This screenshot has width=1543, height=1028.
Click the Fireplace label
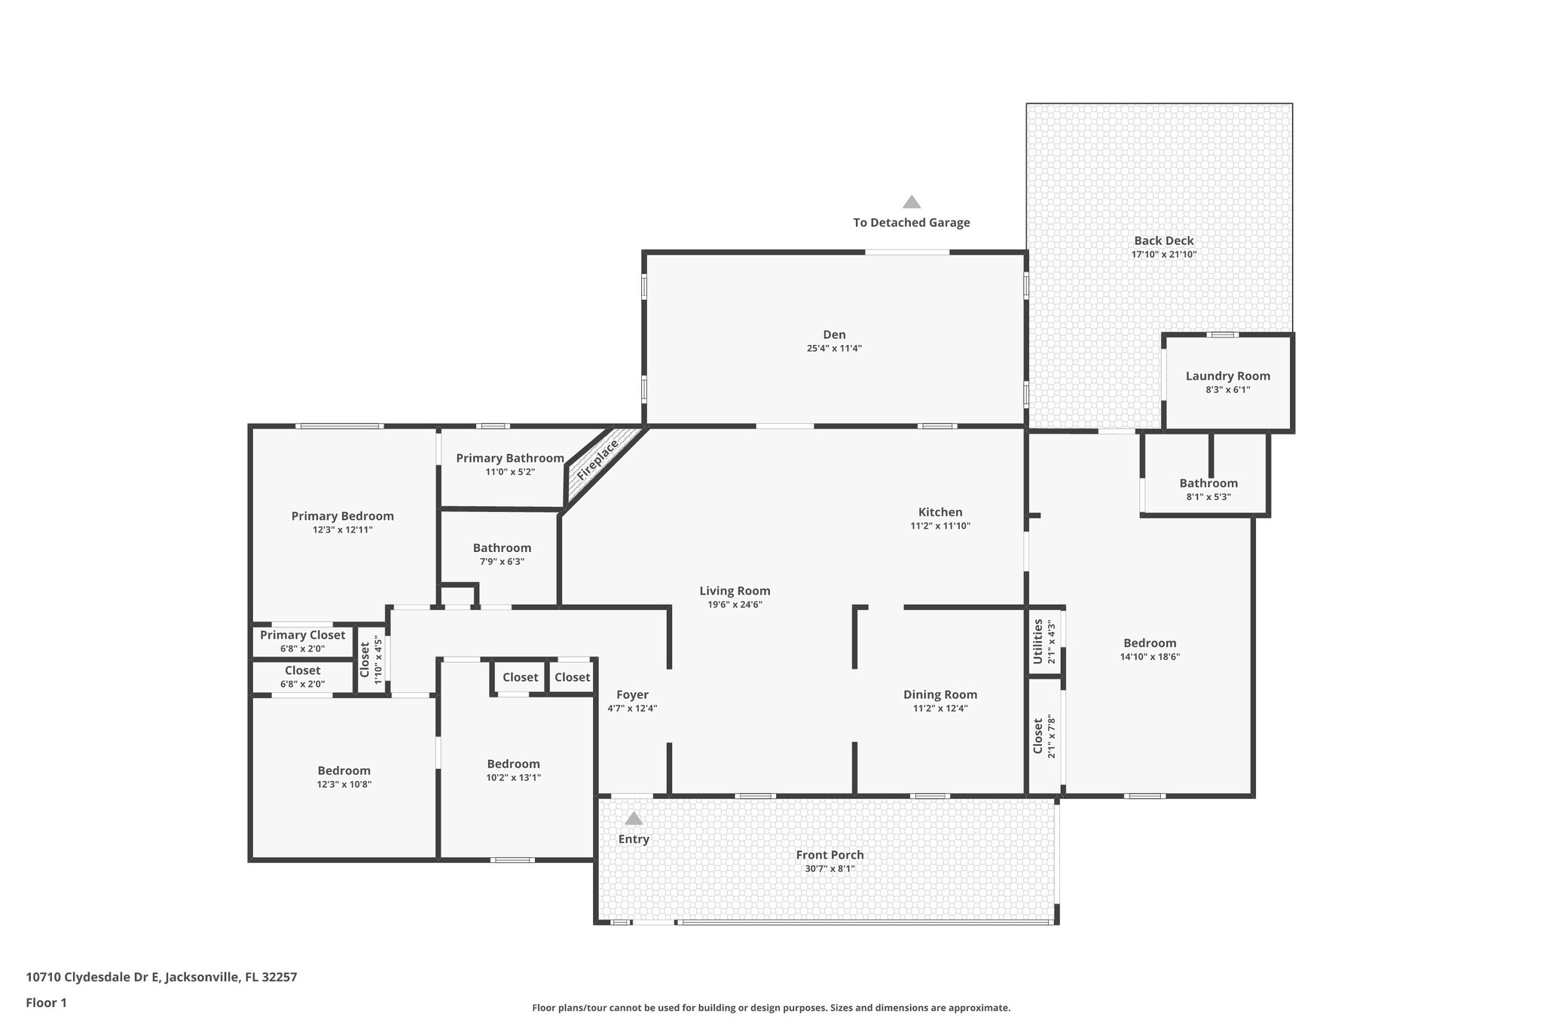[597, 459]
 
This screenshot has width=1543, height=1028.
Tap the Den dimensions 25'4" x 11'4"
[834, 349]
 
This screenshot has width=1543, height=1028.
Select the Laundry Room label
[1228, 376]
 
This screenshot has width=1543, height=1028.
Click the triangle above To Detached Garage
[912, 202]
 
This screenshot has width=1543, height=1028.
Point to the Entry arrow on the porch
[634, 819]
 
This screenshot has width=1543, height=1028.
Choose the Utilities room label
[1037, 642]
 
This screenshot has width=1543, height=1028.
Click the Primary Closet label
[303, 635]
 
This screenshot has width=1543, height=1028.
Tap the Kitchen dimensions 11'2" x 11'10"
[940, 526]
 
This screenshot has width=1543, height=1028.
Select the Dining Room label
[940, 694]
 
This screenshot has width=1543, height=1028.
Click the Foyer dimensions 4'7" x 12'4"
[632, 709]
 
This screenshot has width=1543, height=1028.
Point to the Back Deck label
[1164, 241]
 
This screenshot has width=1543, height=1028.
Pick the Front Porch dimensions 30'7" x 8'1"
[830, 869]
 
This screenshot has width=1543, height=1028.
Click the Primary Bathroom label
[510, 458]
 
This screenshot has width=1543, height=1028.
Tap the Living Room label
[735, 590]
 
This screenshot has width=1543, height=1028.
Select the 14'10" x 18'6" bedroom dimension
[1150, 657]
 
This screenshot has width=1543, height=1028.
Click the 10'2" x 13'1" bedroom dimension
[513, 778]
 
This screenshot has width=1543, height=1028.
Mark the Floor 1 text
[47, 1002]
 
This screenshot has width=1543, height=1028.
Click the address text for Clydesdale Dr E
[161, 977]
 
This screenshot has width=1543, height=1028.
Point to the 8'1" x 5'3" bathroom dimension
[1208, 497]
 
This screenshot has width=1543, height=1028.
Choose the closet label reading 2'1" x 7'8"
[1052, 736]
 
